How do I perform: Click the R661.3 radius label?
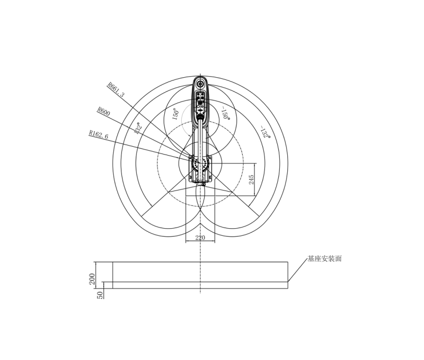(x=116, y=90)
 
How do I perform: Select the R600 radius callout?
(x=103, y=111)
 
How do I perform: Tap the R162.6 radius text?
(x=98, y=136)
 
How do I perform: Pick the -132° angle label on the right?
(x=264, y=132)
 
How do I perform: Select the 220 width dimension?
(x=200, y=238)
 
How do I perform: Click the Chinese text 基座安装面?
(x=324, y=259)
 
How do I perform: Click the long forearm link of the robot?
(x=200, y=135)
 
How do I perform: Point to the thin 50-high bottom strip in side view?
(x=200, y=285)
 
